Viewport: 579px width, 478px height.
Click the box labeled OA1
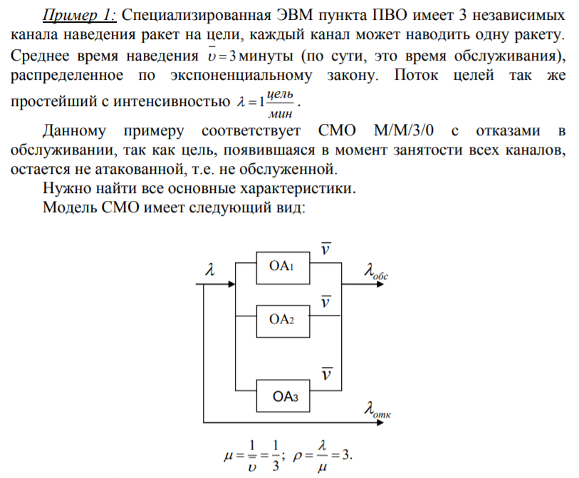[x=283, y=268]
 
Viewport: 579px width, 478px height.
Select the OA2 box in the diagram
[x=283, y=321]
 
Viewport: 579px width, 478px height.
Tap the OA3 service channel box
[x=283, y=395]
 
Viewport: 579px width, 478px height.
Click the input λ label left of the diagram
[x=210, y=269]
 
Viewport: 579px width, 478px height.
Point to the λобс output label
[x=376, y=271]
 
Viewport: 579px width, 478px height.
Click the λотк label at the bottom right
[x=377, y=410]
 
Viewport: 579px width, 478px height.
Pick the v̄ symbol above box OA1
[x=325, y=248]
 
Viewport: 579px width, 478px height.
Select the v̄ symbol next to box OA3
[x=326, y=373]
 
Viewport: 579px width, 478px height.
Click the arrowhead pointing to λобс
[x=380, y=284]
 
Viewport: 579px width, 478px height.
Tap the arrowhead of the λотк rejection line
[x=380, y=422]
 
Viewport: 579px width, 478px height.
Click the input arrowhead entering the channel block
[x=231, y=284]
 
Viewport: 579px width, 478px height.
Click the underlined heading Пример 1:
[x=79, y=15]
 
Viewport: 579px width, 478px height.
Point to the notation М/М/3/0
[x=404, y=130]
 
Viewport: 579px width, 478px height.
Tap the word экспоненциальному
[x=241, y=76]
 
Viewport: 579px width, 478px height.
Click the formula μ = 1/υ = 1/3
[x=254, y=456]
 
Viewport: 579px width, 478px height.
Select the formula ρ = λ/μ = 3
[x=323, y=456]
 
